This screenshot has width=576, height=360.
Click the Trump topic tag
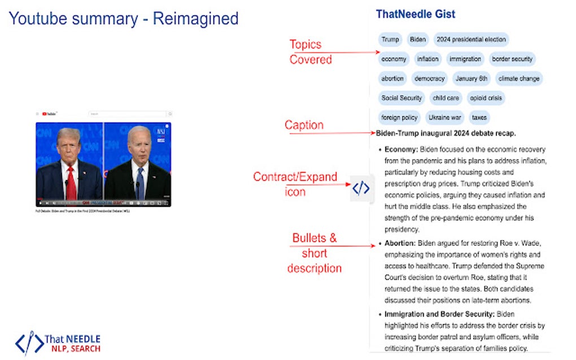[x=390, y=39]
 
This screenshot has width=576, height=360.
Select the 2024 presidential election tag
[x=471, y=39]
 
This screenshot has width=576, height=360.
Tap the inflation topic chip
[x=427, y=59]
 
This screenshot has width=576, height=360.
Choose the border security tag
[x=512, y=59]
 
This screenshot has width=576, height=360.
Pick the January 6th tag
[x=471, y=78]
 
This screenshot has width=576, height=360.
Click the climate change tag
[x=518, y=78]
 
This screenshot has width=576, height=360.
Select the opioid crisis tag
[x=486, y=98]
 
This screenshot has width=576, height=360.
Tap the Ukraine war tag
[x=444, y=117]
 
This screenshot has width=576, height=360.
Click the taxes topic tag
[x=479, y=117]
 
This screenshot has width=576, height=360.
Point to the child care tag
[x=446, y=98]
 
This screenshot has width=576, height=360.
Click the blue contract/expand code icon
[x=361, y=188]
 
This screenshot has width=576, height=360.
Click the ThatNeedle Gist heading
[x=416, y=14]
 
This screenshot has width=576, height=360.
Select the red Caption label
[x=304, y=125]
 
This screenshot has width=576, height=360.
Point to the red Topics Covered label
[x=310, y=52]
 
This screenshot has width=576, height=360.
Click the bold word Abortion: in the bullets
[x=400, y=243]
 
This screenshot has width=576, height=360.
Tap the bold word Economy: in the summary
[x=401, y=150]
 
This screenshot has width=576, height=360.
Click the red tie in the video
[x=71, y=182]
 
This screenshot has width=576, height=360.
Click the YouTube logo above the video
[x=50, y=114]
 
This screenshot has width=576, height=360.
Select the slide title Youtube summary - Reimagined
[x=124, y=19]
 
